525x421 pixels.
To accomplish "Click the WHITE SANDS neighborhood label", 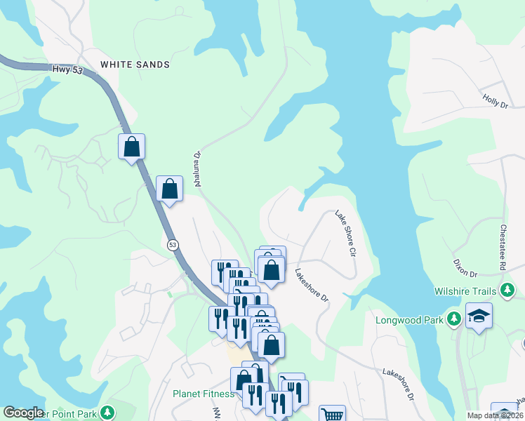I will (x=135, y=65).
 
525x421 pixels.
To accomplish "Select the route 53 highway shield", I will (x=173, y=245).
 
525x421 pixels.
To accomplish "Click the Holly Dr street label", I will (x=495, y=102).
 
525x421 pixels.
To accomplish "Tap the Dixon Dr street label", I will (x=465, y=268).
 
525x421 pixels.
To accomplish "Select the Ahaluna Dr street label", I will (x=198, y=168).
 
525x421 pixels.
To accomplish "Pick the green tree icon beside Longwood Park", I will (x=454, y=320).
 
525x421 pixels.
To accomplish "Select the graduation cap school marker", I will (x=479, y=316).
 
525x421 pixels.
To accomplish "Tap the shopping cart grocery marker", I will (x=332, y=415).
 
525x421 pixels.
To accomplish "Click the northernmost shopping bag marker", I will (x=131, y=147).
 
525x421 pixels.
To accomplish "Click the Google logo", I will (x=23, y=413).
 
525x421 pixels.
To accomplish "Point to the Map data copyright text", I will (x=496, y=415).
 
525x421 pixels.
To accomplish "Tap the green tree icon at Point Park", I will (x=107, y=413).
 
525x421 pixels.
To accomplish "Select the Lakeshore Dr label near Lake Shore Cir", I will (x=311, y=286).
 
